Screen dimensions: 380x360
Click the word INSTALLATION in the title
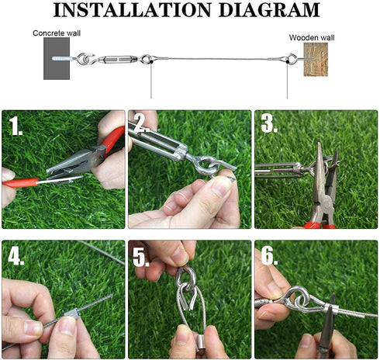tap(133, 10)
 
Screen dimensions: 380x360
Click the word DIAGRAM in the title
tap(269, 10)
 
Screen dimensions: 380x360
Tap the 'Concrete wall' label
tap(57, 33)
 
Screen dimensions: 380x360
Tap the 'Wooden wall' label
tap(312, 38)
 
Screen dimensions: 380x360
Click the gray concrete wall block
tap(57, 58)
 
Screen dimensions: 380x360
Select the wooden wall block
tap(316, 60)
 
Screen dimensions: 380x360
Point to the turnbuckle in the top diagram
tap(118, 60)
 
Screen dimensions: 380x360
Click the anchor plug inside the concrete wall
tap(61, 59)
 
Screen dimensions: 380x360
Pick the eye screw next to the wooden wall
tap(297, 59)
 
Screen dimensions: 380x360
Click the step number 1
tap(15, 126)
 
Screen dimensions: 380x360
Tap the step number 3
tap(269, 123)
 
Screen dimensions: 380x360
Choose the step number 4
tap(16, 256)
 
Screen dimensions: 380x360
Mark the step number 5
tap(141, 258)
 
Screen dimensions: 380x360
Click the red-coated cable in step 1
tap(21, 182)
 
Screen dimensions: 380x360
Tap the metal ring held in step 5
tap(185, 279)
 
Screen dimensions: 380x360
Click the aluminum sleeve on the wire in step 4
tap(71, 313)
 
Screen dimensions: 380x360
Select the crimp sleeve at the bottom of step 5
tap(200, 344)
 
